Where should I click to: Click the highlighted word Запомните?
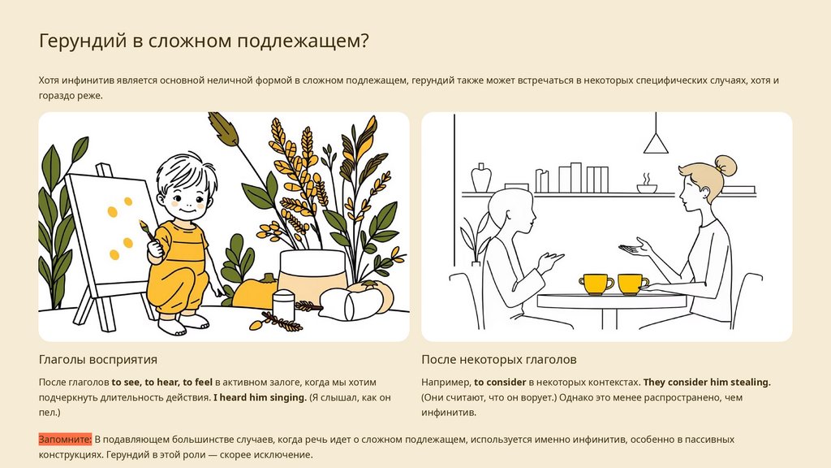coord(65,440)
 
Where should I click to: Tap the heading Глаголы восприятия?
coord(98,359)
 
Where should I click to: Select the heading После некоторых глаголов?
coord(499,359)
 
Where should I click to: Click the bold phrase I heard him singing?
coord(260,396)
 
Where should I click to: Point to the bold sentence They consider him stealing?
coord(707,382)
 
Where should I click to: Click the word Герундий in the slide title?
coord(83,41)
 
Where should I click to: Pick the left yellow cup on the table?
coord(596,284)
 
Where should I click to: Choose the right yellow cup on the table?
coord(631,284)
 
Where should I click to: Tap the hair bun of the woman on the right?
coord(726,166)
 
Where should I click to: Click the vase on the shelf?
coord(481,178)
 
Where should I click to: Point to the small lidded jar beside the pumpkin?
coord(283,305)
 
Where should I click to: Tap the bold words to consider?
coord(500,382)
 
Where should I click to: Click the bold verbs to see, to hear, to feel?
coord(161,382)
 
